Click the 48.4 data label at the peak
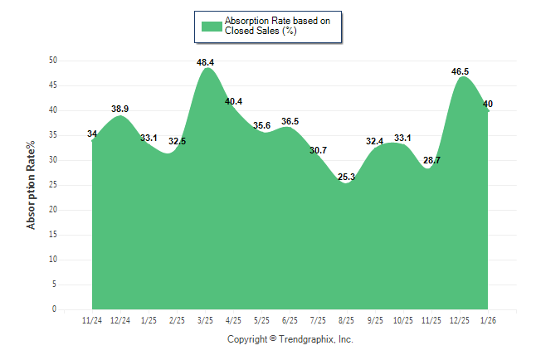click(x=206, y=62)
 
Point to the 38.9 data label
click(x=120, y=109)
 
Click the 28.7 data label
click(x=431, y=160)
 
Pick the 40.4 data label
click(x=234, y=102)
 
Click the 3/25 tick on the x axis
click(x=205, y=320)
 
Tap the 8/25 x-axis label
click(x=347, y=320)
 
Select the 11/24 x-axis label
click(x=92, y=320)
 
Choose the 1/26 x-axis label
click(x=488, y=320)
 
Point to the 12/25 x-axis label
click(x=460, y=320)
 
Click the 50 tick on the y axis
click(x=52, y=61)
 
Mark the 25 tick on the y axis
click(x=52, y=185)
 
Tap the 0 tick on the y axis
click(x=55, y=309)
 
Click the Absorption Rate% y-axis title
click(x=32, y=185)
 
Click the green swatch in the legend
click(x=212, y=26)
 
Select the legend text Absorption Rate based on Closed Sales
click(x=271, y=26)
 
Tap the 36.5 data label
click(x=290, y=122)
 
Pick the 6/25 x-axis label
click(x=290, y=320)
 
